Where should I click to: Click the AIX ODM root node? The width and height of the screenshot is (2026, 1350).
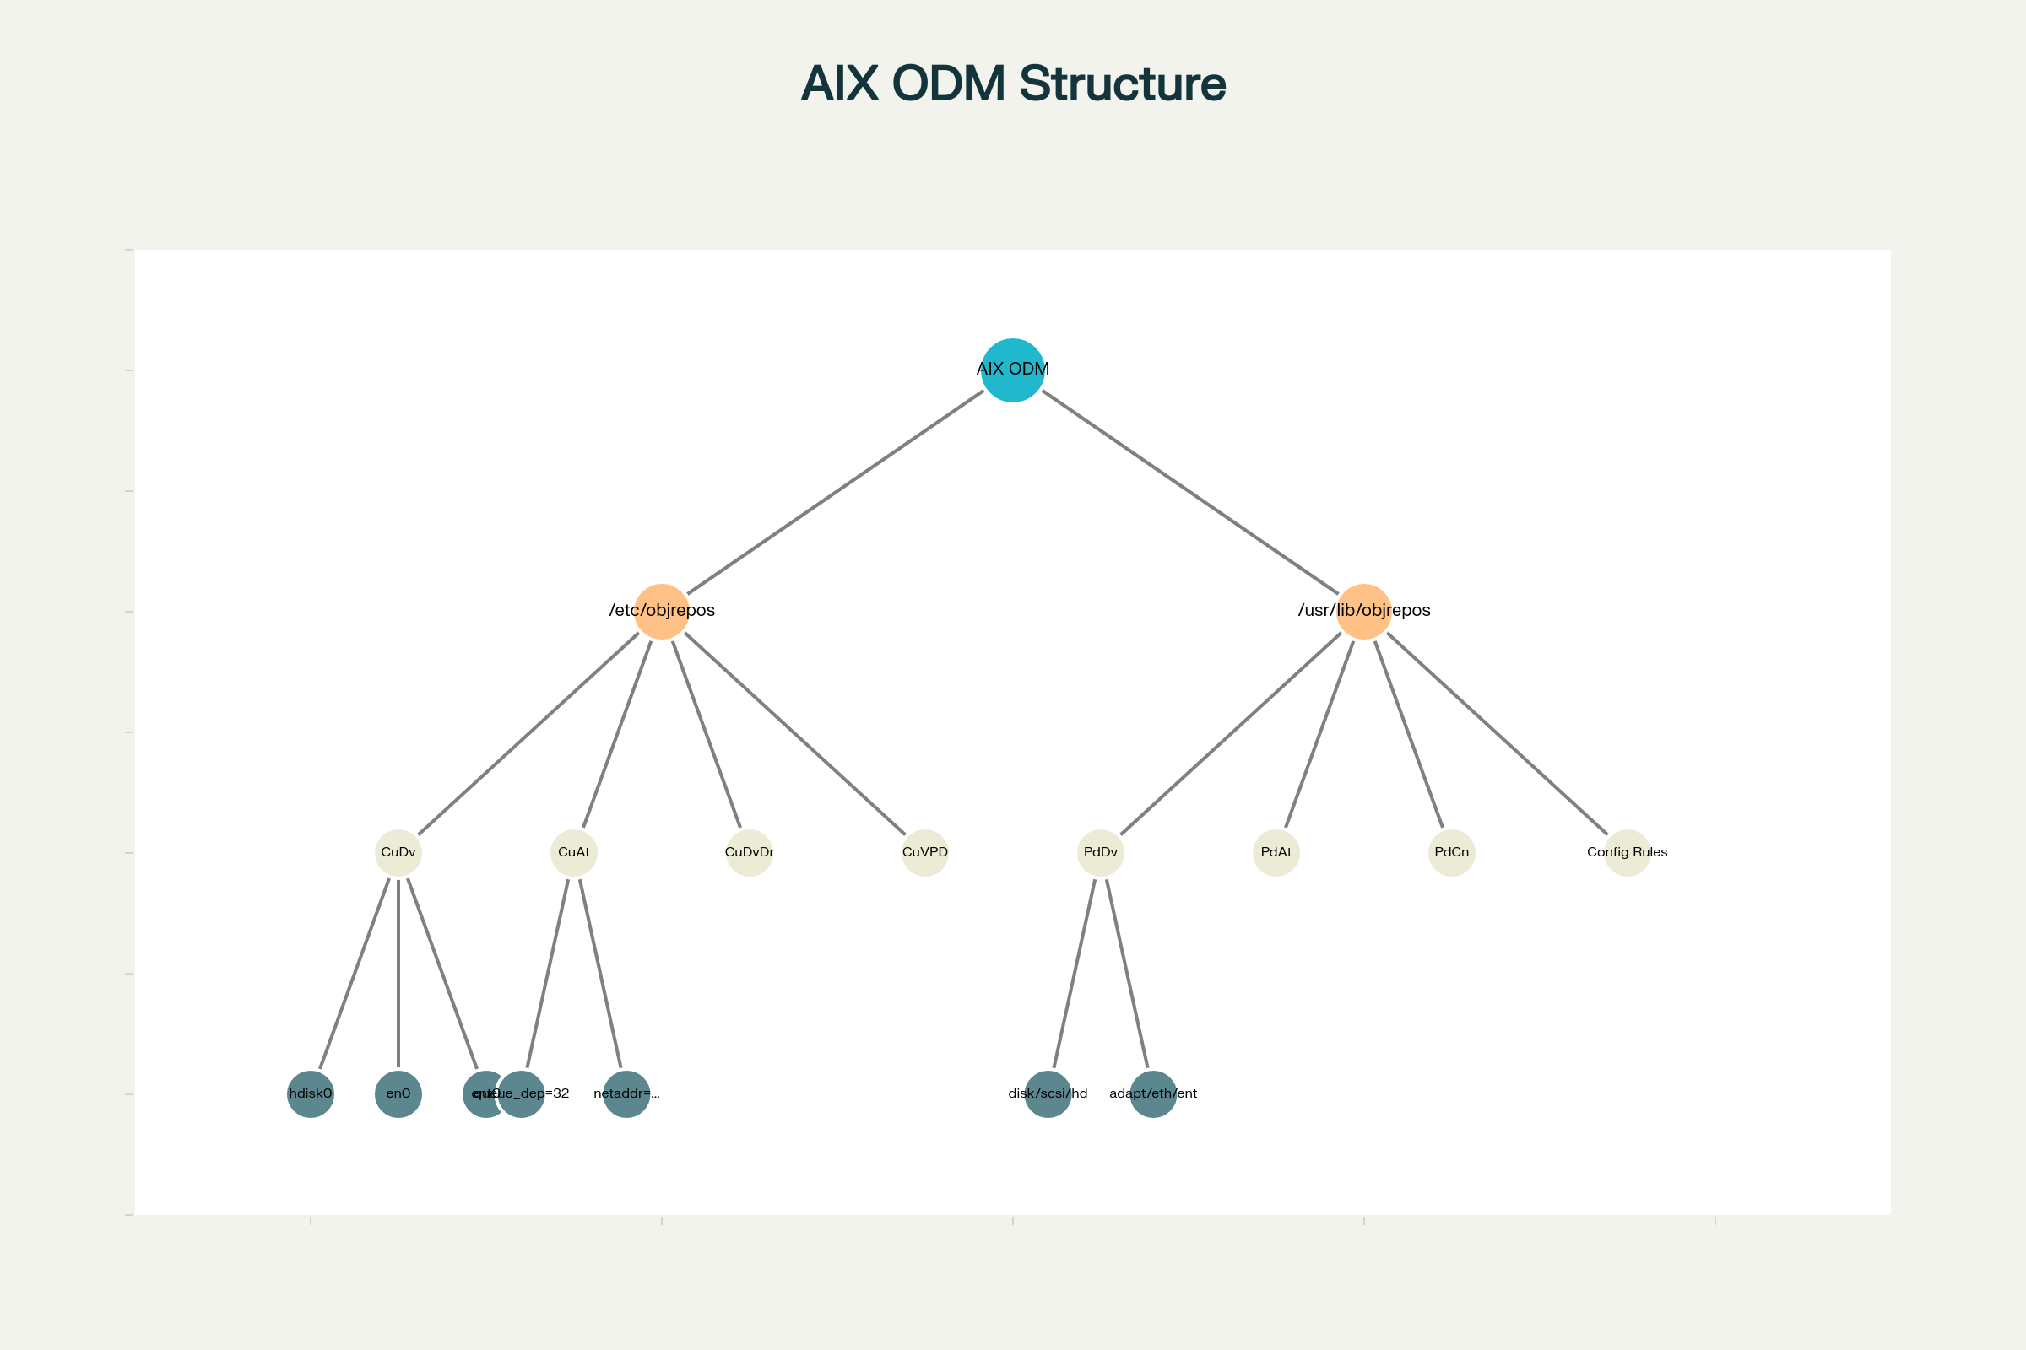click(1012, 370)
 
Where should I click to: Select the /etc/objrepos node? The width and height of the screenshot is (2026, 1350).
click(662, 611)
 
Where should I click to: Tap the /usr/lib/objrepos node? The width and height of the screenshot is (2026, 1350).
click(1363, 611)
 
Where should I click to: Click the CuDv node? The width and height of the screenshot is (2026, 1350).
click(398, 852)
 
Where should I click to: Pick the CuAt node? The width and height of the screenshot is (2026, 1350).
click(574, 852)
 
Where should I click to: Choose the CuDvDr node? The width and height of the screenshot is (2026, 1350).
click(750, 852)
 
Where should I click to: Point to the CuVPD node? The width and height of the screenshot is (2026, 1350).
click(924, 852)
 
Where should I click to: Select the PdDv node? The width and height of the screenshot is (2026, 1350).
click(1100, 852)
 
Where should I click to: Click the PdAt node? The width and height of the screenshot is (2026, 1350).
click(1276, 852)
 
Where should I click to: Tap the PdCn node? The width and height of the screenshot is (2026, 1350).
click(1451, 852)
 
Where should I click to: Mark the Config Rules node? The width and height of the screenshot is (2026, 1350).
click(1628, 852)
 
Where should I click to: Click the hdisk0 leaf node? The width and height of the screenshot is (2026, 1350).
click(310, 1094)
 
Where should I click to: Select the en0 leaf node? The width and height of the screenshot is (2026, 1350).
click(398, 1094)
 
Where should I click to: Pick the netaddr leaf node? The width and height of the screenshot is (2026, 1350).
click(626, 1094)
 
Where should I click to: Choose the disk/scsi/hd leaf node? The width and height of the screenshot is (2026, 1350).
click(1048, 1094)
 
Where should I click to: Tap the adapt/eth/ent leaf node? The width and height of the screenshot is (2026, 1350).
click(1152, 1094)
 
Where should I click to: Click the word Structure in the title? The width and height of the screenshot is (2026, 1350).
click(1122, 84)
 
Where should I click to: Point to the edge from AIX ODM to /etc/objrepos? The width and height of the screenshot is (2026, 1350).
click(836, 492)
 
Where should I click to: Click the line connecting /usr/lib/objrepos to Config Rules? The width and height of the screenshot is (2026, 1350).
click(1496, 733)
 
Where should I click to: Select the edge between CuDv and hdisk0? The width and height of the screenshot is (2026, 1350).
click(354, 974)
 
